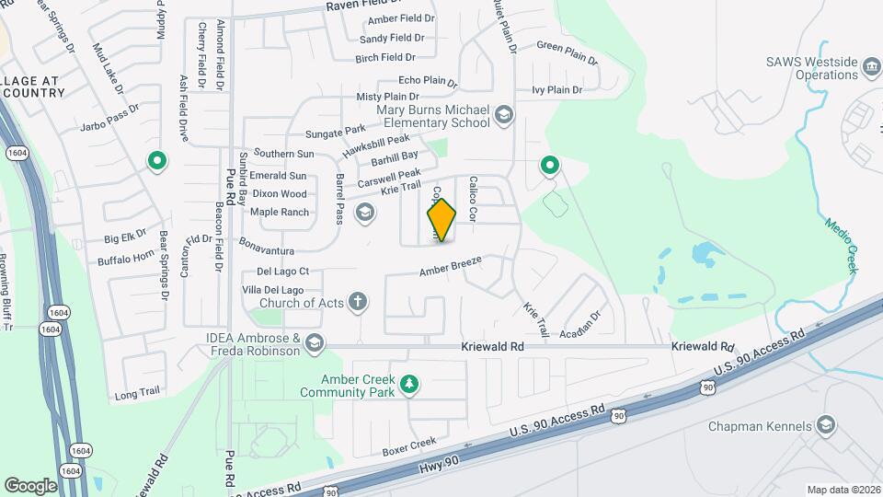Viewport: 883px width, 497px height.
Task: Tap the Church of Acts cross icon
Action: tap(357, 301)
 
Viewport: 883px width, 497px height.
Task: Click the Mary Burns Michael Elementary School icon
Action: tap(503, 115)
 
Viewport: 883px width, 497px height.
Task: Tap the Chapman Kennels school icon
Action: tap(826, 425)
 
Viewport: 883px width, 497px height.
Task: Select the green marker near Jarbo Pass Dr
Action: tap(157, 162)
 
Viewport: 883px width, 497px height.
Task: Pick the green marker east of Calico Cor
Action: tap(550, 166)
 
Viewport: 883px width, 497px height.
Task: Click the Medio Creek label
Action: tap(841, 245)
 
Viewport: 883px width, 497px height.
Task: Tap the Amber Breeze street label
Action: tap(451, 267)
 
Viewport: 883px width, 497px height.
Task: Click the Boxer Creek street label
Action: tap(408, 448)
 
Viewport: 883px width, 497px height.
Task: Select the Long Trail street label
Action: tap(137, 393)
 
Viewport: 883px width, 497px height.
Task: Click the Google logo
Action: tap(30, 485)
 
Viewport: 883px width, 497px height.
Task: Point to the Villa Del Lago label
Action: tap(272, 291)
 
